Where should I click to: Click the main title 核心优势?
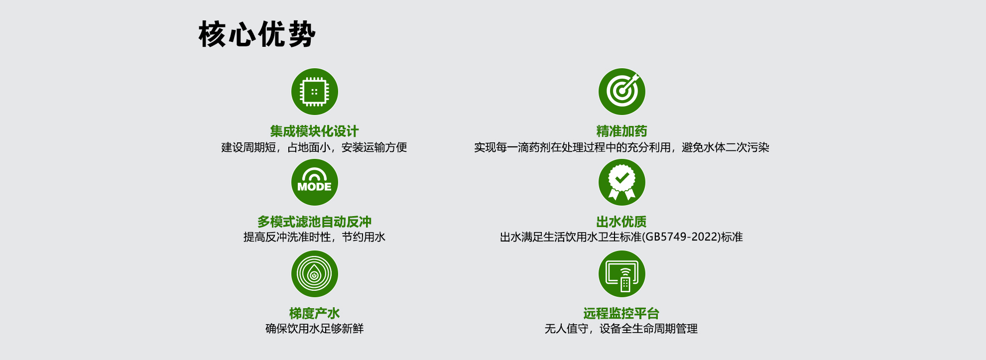click(257, 34)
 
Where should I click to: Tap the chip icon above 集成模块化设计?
click(315, 92)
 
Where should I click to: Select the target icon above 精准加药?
click(622, 92)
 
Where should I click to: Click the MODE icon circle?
click(315, 182)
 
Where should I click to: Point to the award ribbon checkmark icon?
click(622, 182)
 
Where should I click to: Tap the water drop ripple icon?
click(315, 274)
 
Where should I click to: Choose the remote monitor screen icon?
click(622, 274)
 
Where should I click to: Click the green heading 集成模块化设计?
click(314, 131)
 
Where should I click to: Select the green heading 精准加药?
click(621, 131)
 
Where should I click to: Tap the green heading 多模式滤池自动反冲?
click(314, 222)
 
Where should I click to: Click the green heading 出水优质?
click(621, 222)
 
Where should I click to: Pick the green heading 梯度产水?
click(314, 313)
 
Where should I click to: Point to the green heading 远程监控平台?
click(621, 313)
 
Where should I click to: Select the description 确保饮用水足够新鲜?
click(314, 329)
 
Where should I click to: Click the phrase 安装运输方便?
click(374, 147)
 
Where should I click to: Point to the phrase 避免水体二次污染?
click(726, 147)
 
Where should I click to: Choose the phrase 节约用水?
click(364, 237)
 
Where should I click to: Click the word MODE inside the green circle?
click(314, 187)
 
